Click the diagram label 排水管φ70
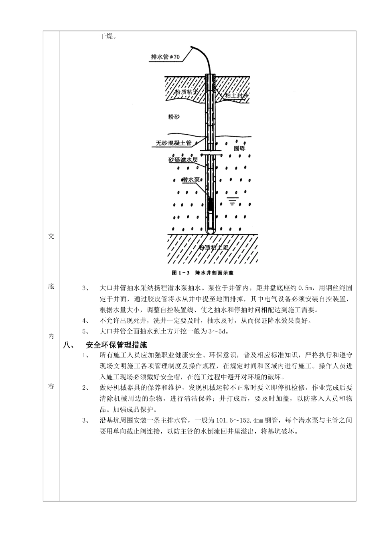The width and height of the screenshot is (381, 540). coord(166,57)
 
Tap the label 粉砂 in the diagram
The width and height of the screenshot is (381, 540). coord(175,117)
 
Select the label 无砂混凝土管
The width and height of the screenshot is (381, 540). coord(173,143)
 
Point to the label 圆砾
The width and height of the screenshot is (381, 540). coord(239,148)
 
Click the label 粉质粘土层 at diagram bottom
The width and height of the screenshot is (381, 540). coord(214,247)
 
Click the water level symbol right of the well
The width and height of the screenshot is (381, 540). coord(231,200)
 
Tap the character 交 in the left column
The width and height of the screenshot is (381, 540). coord(51,236)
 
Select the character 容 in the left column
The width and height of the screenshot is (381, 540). coord(51,386)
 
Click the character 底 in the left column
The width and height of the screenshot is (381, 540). coord(51,286)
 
